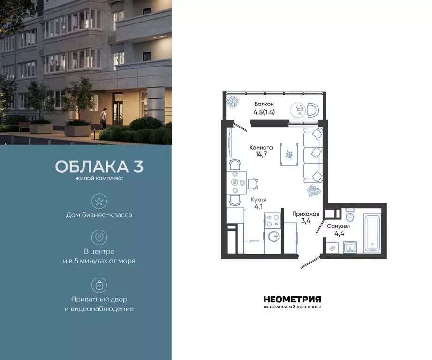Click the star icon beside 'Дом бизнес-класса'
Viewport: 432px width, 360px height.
click(x=99, y=202)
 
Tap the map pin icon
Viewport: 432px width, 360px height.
click(x=99, y=237)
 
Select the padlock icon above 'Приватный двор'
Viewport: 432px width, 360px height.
click(x=99, y=285)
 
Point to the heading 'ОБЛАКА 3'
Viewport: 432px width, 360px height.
click(x=99, y=166)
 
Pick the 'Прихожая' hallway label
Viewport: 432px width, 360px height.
click(x=305, y=214)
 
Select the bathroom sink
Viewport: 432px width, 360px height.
click(x=350, y=247)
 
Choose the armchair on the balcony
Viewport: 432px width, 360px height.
click(x=313, y=109)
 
